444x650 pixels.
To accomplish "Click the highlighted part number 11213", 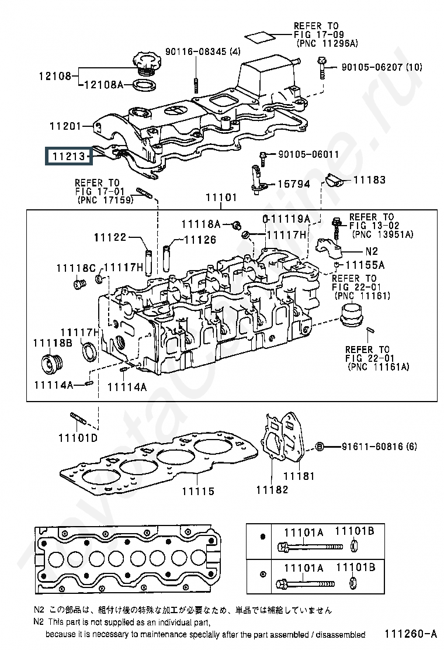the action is click(x=69, y=156).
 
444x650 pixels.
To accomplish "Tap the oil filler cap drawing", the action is click(x=147, y=64).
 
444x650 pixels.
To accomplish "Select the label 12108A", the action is click(x=103, y=85).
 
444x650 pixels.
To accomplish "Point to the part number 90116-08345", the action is click(x=196, y=52).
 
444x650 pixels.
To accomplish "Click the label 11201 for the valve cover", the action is click(x=65, y=126).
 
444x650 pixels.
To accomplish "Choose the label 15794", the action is click(x=294, y=184).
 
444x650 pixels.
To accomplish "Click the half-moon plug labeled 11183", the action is click(x=333, y=181).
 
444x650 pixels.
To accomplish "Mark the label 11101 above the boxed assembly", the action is click(x=221, y=198).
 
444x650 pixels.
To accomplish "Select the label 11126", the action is click(x=200, y=240).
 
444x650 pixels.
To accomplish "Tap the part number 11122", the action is click(x=110, y=237).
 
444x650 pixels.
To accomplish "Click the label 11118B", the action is click(x=53, y=343).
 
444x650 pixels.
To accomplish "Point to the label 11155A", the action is click(x=365, y=265).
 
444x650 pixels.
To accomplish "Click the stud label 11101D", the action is click(x=78, y=438).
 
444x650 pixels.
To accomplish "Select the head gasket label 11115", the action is click(x=199, y=491).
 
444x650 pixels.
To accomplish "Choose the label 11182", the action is click(x=272, y=490).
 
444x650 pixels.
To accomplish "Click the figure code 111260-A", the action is click(x=411, y=634).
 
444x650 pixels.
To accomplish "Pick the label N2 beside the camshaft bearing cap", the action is click(x=372, y=251).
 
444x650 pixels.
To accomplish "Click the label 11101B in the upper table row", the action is click(x=355, y=531).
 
